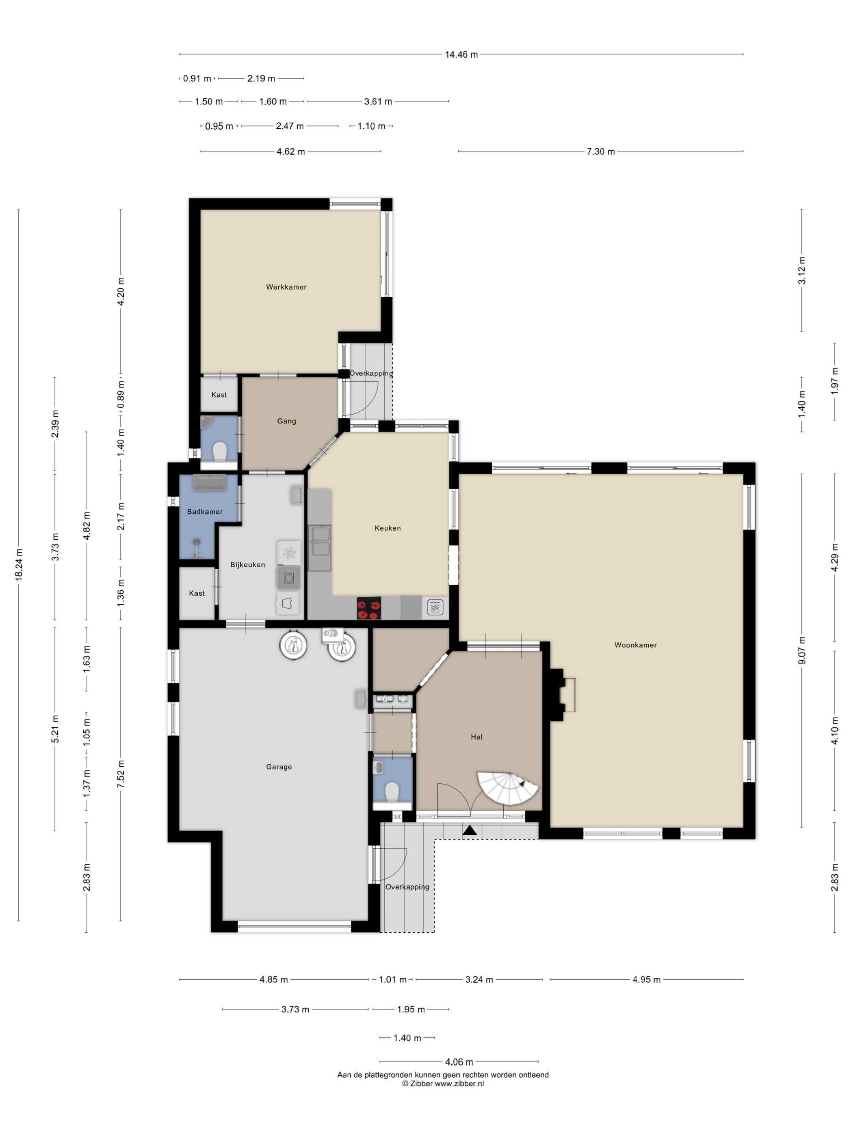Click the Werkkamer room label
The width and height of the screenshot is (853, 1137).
click(x=286, y=287)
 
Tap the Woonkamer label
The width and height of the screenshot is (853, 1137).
click(x=636, y=644)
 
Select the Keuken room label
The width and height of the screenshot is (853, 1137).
click(x=387, y=528)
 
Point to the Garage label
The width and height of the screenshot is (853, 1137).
click(x=279, y=766)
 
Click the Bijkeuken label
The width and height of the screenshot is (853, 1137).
click(x=247, y=564)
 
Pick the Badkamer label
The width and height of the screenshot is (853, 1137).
click(x=205, y=511)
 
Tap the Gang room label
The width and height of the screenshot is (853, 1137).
click(x=286, y=421)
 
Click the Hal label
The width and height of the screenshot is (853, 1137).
click(x=476, y=737)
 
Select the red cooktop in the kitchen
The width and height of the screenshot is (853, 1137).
click(x=369, y=607)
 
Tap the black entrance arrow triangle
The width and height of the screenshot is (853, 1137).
click(x=470, y=830)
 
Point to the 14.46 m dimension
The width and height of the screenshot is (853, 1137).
click(x=461, y=54)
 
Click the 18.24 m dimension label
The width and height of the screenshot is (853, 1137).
click(x=19, y=564)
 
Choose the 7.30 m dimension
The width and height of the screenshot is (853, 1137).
click(x=600, y=151)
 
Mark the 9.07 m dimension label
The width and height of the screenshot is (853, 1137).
click(x=801, y=650)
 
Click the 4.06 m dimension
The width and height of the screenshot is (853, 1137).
click(x=459, y=1061)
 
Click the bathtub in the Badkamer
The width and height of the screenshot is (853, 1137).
click(x=209, y=482)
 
